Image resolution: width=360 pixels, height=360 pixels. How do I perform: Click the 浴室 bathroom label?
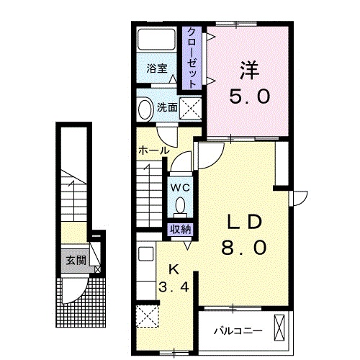pyautogui.click(x=157, y=69)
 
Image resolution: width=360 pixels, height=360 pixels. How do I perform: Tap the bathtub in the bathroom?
pyautogui.click(x=156, y=39)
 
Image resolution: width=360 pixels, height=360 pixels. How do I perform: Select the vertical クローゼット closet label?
pyautogui.click(x=192, y=58)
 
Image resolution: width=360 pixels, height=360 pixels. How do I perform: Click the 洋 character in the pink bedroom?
pyautogui.click(x=250, y=71)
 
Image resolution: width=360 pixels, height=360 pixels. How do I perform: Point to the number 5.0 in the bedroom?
pyautogui.click(x=250, y=95)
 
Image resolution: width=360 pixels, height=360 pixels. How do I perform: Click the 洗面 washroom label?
pyautogui.click(x=167, y=108)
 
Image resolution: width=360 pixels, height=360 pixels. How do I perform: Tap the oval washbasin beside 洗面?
pyautogui.click(x=145, y=109)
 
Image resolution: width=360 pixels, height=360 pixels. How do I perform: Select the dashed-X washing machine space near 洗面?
pyautogui.click(x=190, y=108)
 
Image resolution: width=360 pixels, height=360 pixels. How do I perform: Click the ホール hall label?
pyautogui.click(x=154, y=150)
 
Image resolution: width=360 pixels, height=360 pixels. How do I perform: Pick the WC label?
pyautogui.click(x=180, y=188)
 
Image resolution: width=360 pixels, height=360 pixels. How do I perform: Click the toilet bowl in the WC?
pyautogui.click(x=180, y=206)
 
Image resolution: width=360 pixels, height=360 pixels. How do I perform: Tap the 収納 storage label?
pyautogui.click(x=180, y=230)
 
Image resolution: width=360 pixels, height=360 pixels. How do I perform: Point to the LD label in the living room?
pyautogui.click(x=244, y=222)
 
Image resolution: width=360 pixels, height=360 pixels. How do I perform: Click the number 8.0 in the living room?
pyautogui.click(x=244, y=248)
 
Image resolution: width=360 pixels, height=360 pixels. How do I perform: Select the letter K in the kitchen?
pyautogui.click(x=174, y=269)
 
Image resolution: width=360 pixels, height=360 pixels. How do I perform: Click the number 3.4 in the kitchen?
pyautogui.click(x=174, y=287)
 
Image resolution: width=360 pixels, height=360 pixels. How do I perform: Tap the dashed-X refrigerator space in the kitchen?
pyautogui.click(x=148, y=317)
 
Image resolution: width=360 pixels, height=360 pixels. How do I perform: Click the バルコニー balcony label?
pyautogui.click(x=238, y=331)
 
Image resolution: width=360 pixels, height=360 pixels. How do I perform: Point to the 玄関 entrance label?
pyautogui.click(x=76, y=261)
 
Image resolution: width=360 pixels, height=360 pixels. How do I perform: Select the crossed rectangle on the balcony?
pyautogui.click(x=279, y=328)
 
